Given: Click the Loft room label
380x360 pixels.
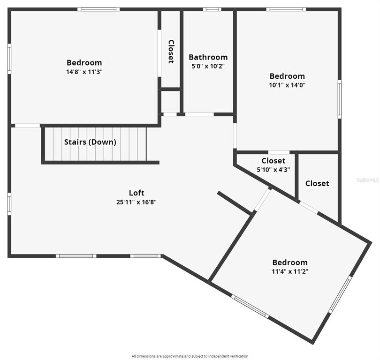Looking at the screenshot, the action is pyautogui.click(x=137, y=193).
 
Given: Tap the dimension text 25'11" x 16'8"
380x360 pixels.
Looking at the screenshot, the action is pyautogui.click(x=137, y=202).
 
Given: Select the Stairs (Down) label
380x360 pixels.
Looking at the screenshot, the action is pyautogui.click(x=90, y=142).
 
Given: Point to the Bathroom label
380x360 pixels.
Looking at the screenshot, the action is pyautogui.click(x=208, y=57).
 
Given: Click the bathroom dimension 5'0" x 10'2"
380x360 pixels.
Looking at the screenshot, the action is pyautogui.click(x=208, y=66).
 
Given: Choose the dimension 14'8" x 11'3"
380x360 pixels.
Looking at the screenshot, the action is pyautogui.click(x=84, y=72).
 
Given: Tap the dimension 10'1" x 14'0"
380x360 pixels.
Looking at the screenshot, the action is pyautogui.click(x=287, y=85).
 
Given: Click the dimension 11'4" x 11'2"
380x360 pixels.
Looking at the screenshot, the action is pyautogui.click(x=290, y=271).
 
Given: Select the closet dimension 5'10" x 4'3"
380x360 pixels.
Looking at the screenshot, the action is pyautogui.click(x=274, y=170).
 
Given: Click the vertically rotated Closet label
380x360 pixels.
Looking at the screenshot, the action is pyautogui.click(x=171, y=52).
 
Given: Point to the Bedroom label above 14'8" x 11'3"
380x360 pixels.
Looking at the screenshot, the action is pyautogui.click(x=84, y=63).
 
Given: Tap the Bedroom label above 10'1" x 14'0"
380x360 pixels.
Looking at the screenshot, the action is pyautogui.click(x=287, y=76).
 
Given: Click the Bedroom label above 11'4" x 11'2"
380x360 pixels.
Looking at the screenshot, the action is pyautogui.click(x=290, y=262).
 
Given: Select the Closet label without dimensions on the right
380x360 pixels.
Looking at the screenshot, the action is pyautogui.click(x=317, y=183).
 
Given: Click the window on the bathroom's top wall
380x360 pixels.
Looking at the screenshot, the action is pyautogui.click(x=212, y=9).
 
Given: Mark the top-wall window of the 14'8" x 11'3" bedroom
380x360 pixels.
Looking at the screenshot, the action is pyautogui.click(x=99, y=9).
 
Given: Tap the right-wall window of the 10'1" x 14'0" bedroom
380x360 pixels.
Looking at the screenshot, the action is pyautogui.click(x=340, y=99).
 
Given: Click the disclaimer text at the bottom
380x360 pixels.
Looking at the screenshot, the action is pyautogui.click(x=190, y=356).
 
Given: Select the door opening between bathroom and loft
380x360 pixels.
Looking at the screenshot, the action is pyautogui.click(x=199, y=114).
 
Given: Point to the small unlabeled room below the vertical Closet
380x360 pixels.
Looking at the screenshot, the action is pyautogui.click(x=171, y=102).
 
